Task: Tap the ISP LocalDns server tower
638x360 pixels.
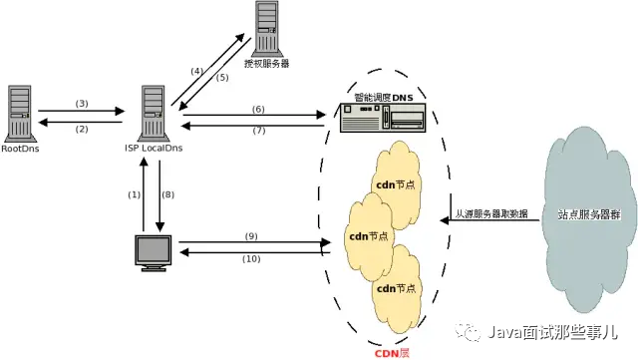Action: coord(153,112)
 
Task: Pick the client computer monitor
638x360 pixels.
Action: coord(155,252)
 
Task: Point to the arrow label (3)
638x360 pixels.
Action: coord(83,104)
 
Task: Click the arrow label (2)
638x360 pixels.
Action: coord(83,129)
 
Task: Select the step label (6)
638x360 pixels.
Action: coord(257,108)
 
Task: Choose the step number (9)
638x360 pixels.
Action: coord(251,236)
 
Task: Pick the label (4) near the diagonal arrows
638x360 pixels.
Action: coord(197,71)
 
